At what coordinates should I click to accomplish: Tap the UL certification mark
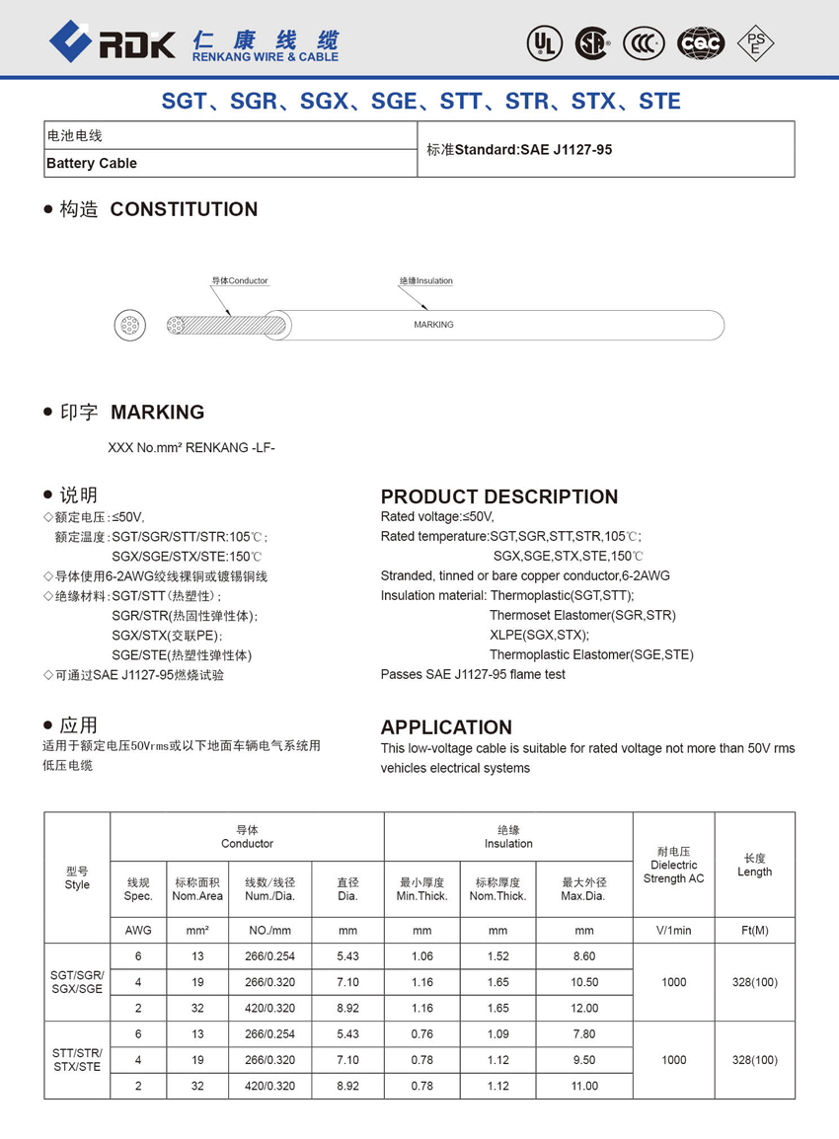[x=544, y=42]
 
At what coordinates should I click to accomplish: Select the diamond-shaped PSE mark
[x=756, y=42]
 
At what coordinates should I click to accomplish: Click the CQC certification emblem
[x=700, y=42]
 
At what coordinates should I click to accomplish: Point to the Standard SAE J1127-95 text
[x=519, y=150]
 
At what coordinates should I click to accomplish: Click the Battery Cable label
[x=92, y=163]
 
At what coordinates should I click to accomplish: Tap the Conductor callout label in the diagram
[x=240, y=281]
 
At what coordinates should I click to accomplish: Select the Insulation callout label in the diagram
[x=426, y=281]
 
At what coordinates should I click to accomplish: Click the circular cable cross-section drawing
[x=129, y=325]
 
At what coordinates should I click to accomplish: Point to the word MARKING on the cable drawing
[x=433, y=325]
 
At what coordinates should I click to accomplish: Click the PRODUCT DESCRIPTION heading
[x=499, y=496]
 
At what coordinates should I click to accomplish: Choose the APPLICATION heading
[x=446, y=727]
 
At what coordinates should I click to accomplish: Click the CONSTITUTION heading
[x=184, y=209]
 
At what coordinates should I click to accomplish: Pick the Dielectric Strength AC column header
[x=673, y=865]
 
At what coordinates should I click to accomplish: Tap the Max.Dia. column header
[x=584, y=889]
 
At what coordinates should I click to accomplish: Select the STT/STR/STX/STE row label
[x=77, y=1060]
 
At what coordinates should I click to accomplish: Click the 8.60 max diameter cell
[x=584, y=956]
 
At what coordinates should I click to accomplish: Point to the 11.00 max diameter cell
[x=584, y=1086]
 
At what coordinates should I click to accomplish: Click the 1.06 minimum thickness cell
[x=421, y=956]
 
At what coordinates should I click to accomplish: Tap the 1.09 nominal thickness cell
[x=497, y=1034]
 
